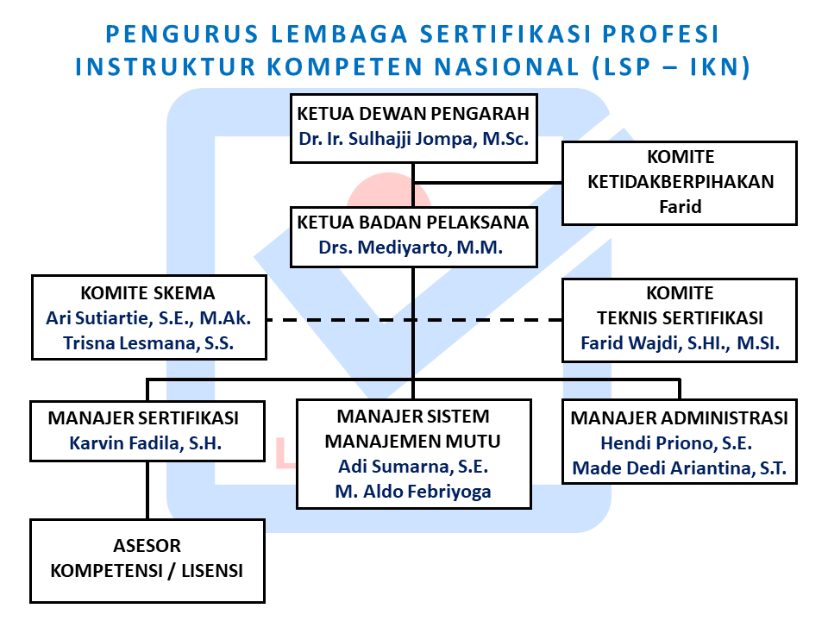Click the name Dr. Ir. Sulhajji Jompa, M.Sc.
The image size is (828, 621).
tap(413, 139)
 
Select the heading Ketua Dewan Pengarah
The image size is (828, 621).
tap(413, 114)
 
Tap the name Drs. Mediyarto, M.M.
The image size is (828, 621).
tap(411, 248)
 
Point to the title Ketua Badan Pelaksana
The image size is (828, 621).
tap(413, 223)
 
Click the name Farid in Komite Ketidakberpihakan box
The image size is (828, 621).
tap(681, 206)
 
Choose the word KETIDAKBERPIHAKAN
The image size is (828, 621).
tap(681, 182)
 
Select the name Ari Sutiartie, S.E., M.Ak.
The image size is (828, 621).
tap(148, 318)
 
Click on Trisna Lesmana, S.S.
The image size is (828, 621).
tap(148, 343)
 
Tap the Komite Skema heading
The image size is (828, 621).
tap(147, 293)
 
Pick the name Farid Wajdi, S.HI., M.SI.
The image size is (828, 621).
tap(681, 343)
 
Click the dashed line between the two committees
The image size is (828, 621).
tap(415, 320)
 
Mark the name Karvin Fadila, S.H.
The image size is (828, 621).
tap(146, 443)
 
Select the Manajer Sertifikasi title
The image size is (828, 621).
tap(143, 418)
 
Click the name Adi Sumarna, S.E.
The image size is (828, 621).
tap(413, 467)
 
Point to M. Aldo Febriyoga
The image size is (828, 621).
tap(413, 492)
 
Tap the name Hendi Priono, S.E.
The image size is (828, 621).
tap(676, 443)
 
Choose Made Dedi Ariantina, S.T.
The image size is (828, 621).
tap(680, 467)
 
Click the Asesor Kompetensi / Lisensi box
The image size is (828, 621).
tap(147, 561)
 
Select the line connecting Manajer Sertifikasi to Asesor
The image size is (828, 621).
tap(147, 491)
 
